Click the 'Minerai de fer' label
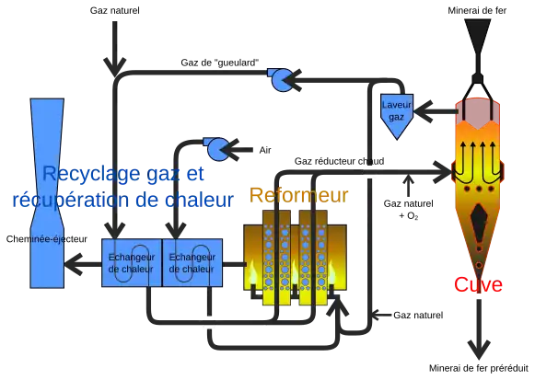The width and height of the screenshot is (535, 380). point(477,10)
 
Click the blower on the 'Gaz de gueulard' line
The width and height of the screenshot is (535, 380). point(282,80)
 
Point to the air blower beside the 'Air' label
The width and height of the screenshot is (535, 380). point(217,149)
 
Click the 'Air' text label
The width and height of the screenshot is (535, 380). point(265,150)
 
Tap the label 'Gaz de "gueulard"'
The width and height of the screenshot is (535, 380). point(220,63)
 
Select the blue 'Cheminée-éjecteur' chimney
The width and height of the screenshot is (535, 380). point(47,193)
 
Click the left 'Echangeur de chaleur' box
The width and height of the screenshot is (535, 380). point(132,262)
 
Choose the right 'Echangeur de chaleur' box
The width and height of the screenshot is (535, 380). point(192,262)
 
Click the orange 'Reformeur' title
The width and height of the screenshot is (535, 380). point(299,195)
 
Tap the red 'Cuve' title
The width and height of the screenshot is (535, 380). point(478,284)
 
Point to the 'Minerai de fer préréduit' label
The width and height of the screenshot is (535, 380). point(478,368)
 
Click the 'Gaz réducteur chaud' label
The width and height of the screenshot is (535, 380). point(339,161)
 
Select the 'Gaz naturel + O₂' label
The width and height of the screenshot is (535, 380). point(409,210)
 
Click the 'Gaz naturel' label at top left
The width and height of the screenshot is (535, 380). point(114,10)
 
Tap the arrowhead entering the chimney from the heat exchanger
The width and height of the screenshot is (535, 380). point(74,264)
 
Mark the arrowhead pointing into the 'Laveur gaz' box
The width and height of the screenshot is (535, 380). point(423,111)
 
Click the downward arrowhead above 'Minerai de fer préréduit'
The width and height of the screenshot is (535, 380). point(479,350)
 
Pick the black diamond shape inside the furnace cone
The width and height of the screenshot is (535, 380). point(480,223)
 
